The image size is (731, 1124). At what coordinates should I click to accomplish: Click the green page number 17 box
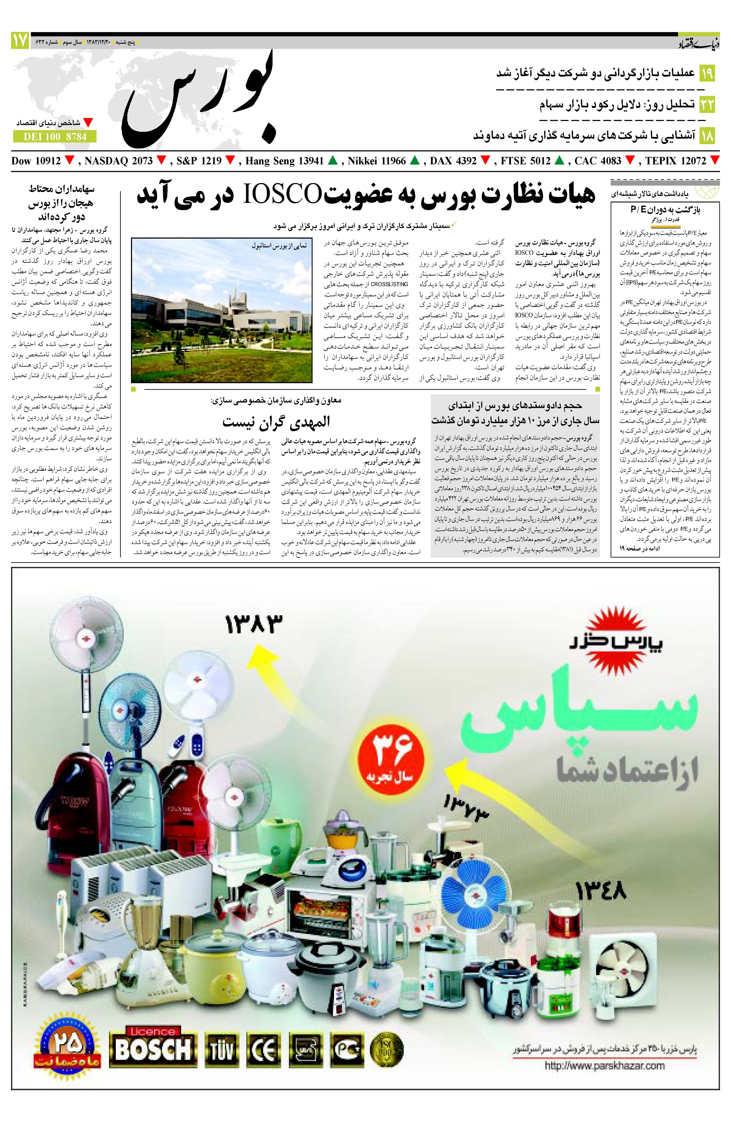tap(20, 41)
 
